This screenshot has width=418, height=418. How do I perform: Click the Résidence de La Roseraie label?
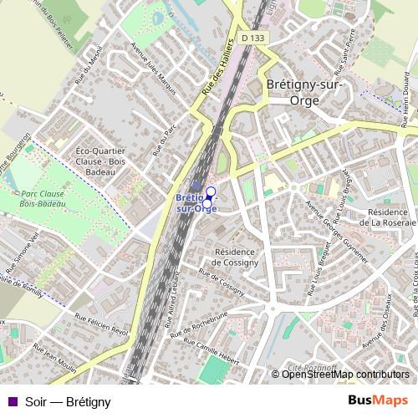(380, 217)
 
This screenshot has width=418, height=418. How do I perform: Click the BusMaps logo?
(377, 401)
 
